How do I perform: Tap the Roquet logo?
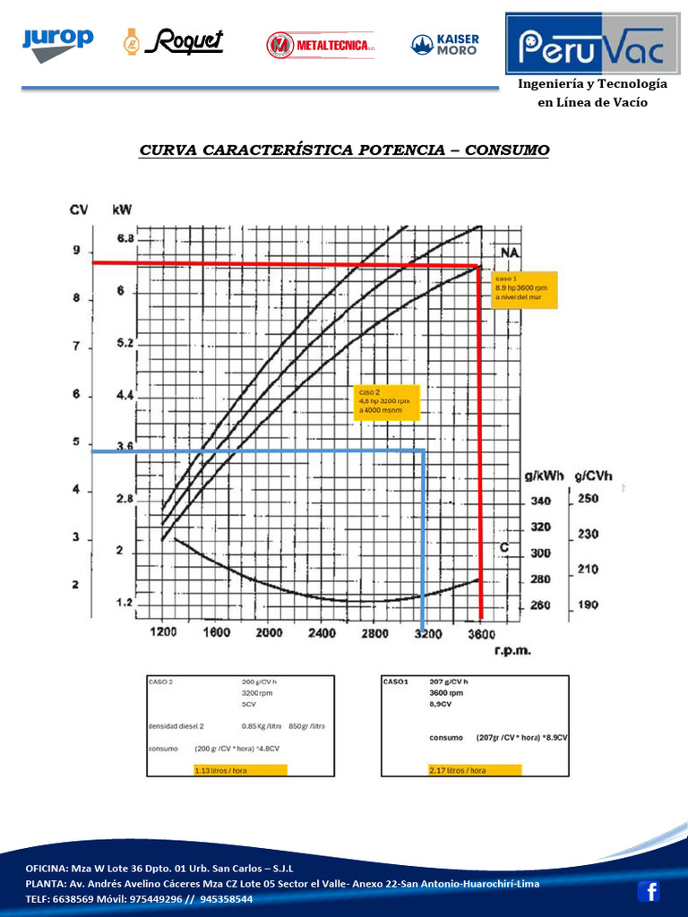click(172, 42)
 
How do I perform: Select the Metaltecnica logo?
click(321, 44)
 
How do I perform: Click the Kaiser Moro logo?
click(445, 44)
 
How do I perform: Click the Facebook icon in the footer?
click(649, 891)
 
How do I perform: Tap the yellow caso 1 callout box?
click(524, 289)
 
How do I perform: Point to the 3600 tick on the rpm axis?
click(481, 633)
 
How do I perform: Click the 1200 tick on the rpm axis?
click(162, 633)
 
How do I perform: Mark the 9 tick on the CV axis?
click(76, 251)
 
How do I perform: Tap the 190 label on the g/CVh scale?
click(587, 605)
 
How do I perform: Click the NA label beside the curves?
click(510, 253)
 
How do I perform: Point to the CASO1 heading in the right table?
click(395, 681)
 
